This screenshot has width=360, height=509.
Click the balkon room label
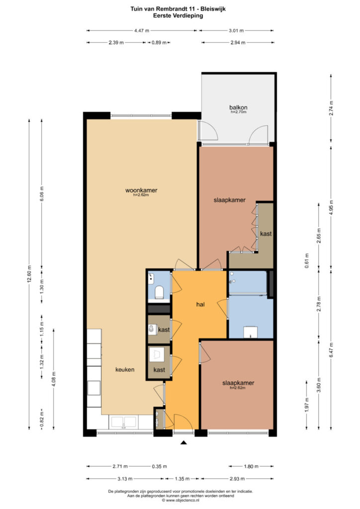click(238, 107)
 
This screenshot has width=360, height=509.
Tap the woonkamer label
click(141, 190)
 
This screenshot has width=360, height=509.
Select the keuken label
click(125, 369)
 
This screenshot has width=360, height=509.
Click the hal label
click(200, 305)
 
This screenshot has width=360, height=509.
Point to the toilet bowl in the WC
click(159, 292)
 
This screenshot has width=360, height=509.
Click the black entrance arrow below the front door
click(184, 442)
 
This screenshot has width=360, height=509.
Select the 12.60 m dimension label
click(29, 274)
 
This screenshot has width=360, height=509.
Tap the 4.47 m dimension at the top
click(142, 30)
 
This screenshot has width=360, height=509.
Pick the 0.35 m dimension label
click(160, 466)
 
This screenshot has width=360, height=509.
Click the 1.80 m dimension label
click(251, 466)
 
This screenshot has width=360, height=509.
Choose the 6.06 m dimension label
click(42, 194)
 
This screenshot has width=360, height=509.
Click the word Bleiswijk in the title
click(213, 9)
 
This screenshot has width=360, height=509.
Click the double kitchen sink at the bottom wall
click(123, 423)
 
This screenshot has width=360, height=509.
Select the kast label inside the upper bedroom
click(266, 234)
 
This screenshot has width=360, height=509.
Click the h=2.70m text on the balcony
click(239, 112)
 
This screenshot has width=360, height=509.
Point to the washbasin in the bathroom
click(250, 332)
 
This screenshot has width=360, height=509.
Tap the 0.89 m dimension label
click(159, 43)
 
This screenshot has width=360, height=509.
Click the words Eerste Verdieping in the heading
click(178, 15)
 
